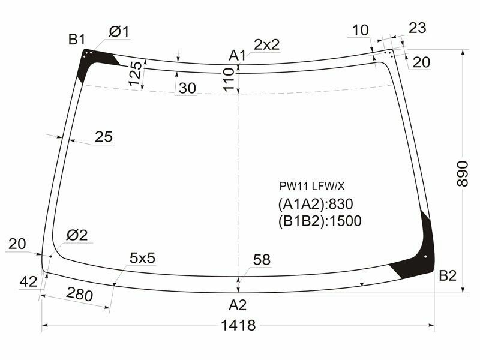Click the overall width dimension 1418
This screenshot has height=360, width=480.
coord(238,326)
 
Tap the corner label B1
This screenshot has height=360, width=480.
coord(76,40)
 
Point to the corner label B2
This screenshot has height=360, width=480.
coord(448,275)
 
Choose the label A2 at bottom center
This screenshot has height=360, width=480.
coord(238,305)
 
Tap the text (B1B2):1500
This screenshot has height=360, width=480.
coord(319,221)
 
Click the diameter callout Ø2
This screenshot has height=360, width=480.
coord(77,235)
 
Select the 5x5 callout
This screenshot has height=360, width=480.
coord(142,258)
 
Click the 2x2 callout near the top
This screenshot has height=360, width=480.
coord(266,44)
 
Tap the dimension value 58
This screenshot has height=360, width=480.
coord(262,260)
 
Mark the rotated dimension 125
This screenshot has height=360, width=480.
coord(136,74)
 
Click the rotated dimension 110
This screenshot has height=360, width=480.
coord(227,79)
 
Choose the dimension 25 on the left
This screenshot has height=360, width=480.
coord(103,137)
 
